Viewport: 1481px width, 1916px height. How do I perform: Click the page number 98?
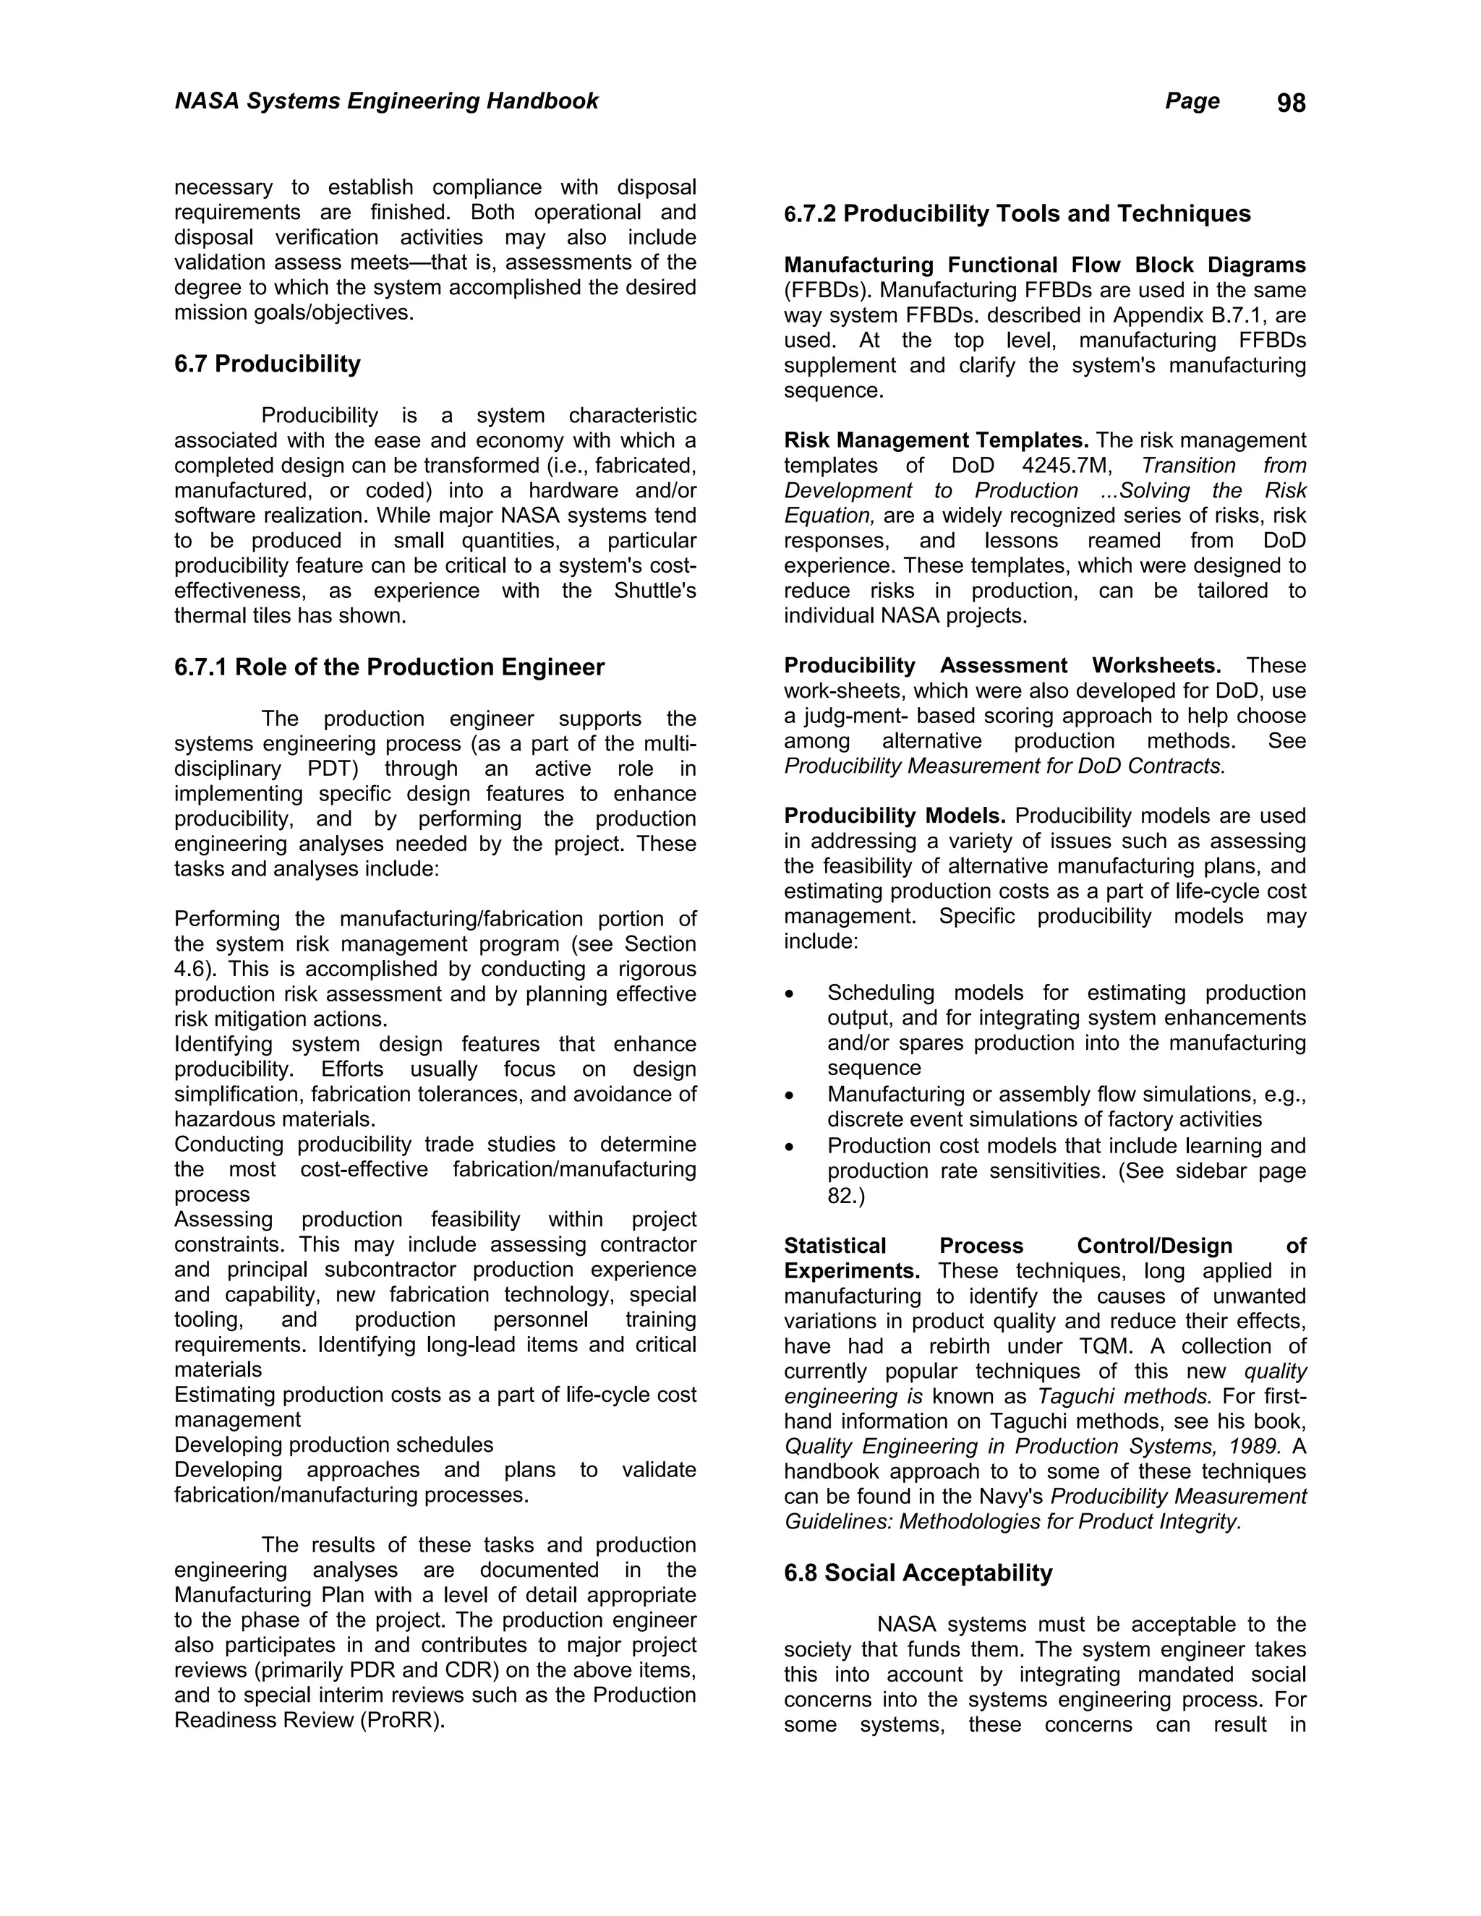click(x=1291, y=103)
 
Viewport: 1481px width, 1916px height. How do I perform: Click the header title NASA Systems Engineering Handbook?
click(x=386, y=101)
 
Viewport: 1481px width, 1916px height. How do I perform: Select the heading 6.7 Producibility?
click(x=267, y=364)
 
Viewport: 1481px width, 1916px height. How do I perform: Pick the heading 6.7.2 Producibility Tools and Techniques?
click(x=1017, y=214)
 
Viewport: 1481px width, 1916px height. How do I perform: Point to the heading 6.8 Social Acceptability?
click(x=918, y=1573)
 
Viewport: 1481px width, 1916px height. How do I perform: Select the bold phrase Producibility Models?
click(x=894, y=816)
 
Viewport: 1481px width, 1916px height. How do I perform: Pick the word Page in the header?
click(x=1192, y=102)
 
